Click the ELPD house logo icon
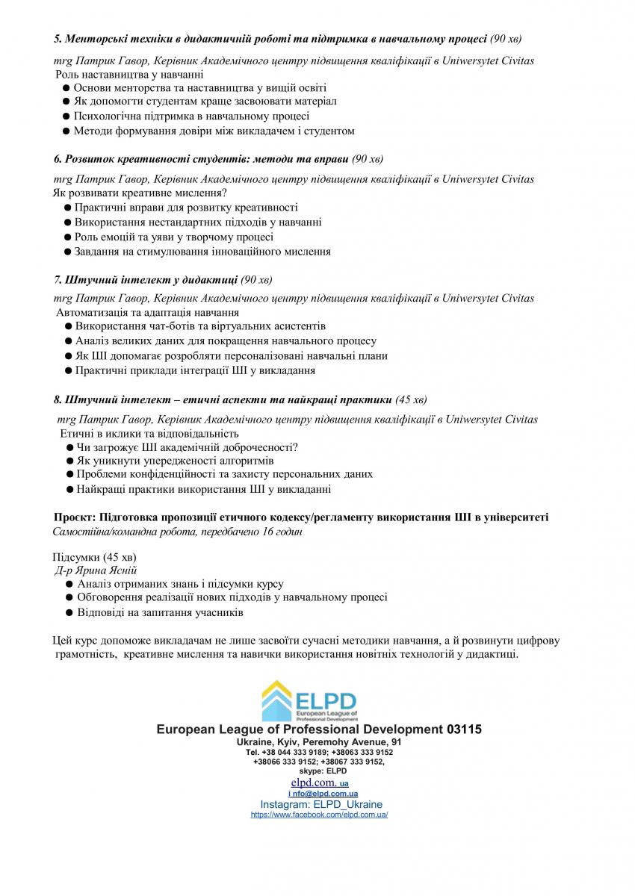coord(276,700)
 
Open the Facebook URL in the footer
coord(319,815)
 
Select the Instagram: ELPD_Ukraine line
coord(320,804)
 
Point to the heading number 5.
coord(58,37)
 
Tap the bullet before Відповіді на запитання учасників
coord(69,613)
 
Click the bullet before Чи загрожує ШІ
coord(69,447)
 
